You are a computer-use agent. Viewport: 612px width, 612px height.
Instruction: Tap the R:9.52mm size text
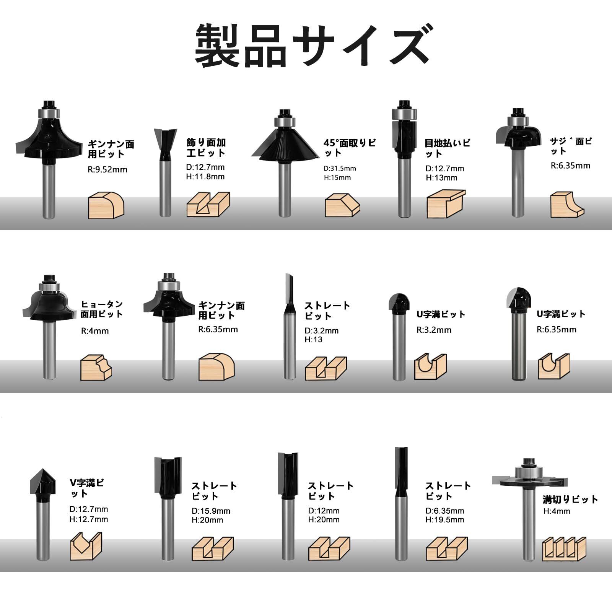(107, 169)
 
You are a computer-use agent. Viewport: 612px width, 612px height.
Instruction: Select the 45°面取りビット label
(350, 148)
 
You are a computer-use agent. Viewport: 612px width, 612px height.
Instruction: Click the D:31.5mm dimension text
(340, 168)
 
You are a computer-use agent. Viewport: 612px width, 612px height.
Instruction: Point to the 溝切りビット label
(570, 499)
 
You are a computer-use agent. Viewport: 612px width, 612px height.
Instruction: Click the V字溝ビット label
(87, 488)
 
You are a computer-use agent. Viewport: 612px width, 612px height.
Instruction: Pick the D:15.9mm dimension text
(211, 511)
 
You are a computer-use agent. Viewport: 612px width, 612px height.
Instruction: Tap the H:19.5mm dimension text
(445, 519)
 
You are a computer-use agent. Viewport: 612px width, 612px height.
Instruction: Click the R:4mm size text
(95, 331)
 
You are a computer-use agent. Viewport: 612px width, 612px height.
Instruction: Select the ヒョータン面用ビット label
(102, 309)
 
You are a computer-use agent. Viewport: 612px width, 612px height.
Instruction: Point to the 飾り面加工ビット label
(206, 148)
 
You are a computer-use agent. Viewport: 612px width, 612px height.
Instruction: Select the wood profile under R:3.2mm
(430, 366)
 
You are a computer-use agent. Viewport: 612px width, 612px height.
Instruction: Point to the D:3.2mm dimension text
(322, 330)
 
